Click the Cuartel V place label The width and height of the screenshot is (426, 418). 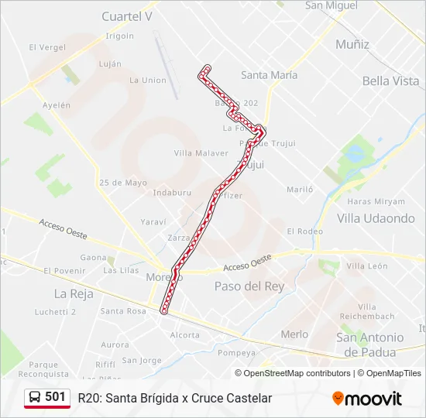(127, 16)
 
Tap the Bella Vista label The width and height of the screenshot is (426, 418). (390, 81)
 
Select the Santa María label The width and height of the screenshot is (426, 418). (269, 75)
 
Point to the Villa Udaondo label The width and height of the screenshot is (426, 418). (376, 218)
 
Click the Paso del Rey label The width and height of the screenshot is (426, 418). (249, 286)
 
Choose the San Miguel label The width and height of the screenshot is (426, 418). (332, 5)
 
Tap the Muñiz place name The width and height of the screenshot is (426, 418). (352, 44)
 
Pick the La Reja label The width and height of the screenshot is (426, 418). (74, 293)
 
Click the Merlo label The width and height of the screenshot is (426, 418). (294, 334)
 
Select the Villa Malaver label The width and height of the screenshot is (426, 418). (201, 153)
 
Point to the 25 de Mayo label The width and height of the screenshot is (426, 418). (123, 183)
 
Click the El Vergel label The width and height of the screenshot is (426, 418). (46, 47)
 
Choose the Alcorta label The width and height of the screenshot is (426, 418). (184, 335)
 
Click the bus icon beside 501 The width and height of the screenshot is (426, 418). (35, 397)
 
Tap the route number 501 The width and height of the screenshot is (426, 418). (55, 396)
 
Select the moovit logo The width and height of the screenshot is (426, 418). (367, 399)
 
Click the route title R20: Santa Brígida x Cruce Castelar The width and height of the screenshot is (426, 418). (175, 398)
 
